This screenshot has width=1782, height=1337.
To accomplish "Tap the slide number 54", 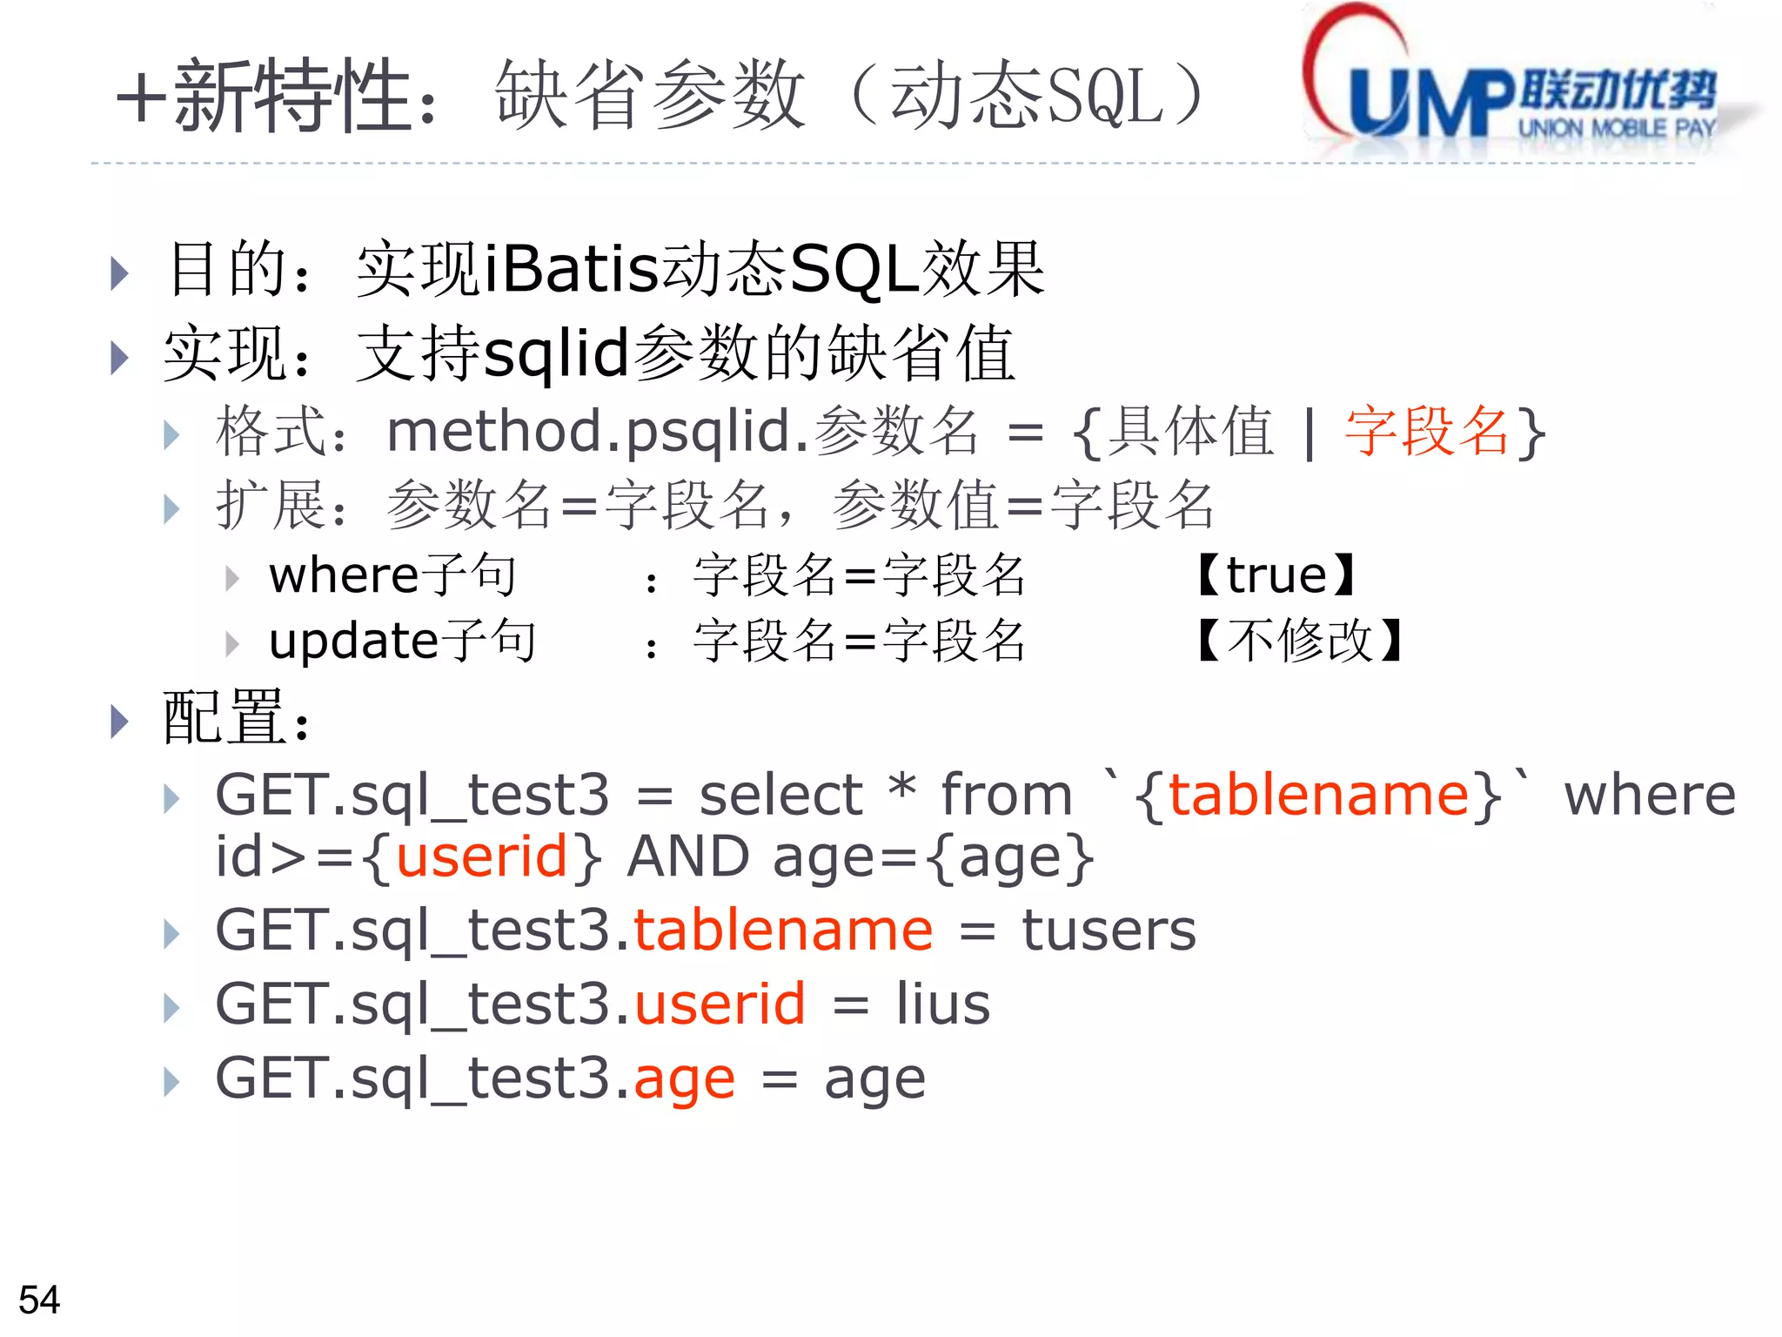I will point(39,1300).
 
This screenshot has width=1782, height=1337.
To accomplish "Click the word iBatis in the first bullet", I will point(571,269).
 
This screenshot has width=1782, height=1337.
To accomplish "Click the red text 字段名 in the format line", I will point(1427,431).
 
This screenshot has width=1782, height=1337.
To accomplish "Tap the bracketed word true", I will point(1276,575).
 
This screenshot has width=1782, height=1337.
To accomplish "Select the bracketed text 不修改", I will point(1300,641).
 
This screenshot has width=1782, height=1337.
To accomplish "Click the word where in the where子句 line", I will point(345,575).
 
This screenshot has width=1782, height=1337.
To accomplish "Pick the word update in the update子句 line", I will point(353,641).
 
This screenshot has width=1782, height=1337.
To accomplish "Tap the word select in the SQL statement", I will point(780,795).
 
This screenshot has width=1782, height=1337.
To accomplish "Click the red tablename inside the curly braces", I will point(1318,795).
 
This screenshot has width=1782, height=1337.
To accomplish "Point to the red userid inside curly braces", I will point(481,857).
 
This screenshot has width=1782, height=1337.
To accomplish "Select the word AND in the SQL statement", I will point(687,857).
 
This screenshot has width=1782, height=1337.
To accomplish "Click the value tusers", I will point(1109,931).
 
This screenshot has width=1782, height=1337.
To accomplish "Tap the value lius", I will point(943,1004).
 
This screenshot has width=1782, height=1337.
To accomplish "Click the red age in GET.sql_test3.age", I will point(684,1080).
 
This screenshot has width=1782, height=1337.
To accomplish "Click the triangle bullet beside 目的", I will point(120,273).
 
